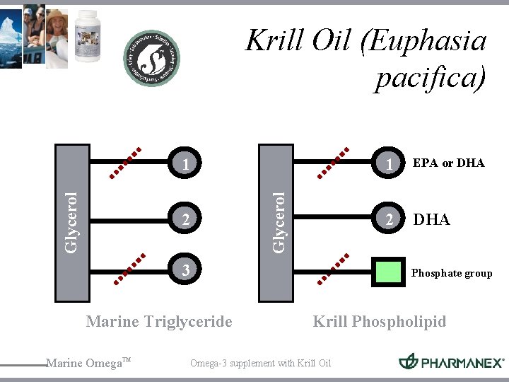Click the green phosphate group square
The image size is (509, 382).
388,273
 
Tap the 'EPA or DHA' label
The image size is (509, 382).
449,163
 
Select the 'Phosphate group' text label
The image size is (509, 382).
452,273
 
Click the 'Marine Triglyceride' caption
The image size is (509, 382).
159,322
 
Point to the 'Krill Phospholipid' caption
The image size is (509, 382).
380,322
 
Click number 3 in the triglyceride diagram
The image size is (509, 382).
185,270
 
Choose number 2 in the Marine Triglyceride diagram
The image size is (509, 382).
185,221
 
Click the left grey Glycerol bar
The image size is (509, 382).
72,223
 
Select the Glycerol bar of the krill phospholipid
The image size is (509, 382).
276,223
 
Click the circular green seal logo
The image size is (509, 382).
151,58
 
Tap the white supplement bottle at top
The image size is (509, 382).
88,35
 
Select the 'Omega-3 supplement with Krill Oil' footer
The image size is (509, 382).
260,364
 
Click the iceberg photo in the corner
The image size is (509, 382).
11,34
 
